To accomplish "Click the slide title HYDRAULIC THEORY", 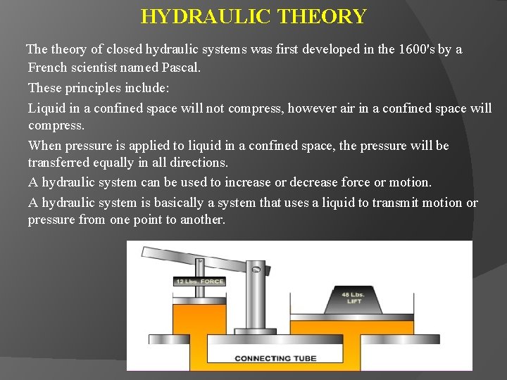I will (254, 16).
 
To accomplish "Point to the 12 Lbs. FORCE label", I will (199, 282).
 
